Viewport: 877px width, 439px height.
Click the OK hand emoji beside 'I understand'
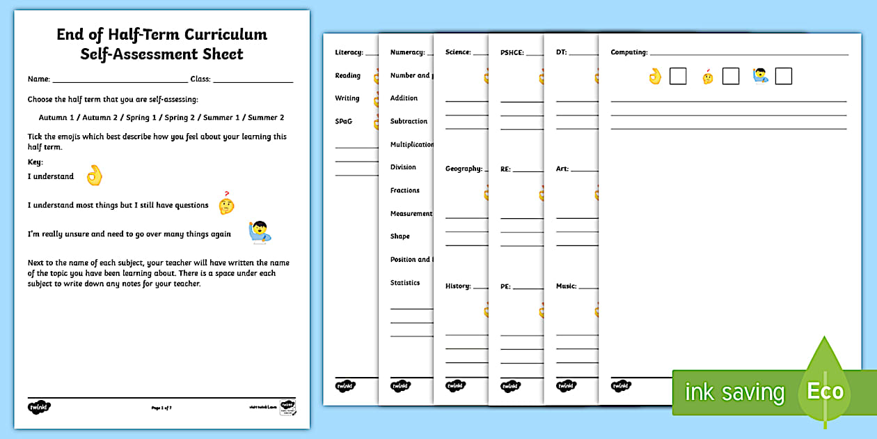[94, 176]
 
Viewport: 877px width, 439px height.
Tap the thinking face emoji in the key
[226, 204]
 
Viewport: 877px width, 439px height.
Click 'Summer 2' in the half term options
[266, 118]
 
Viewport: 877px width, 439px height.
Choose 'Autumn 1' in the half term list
[57, 118]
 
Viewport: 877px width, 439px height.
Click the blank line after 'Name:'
[120, 79]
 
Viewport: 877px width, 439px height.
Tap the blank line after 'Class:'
[253, 79]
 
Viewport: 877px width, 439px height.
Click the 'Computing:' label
[629, 52]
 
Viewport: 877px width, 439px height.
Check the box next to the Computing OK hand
[678, 76]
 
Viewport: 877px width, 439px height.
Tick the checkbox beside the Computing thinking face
[731, 76]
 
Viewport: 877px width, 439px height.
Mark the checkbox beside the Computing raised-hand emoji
[784, 76]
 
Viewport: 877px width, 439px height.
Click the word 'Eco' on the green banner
[825, 391]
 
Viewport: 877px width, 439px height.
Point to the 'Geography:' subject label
[464, 169]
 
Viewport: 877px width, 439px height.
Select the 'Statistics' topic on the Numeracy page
[405, 283]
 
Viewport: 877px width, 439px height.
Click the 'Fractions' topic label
[405, 190]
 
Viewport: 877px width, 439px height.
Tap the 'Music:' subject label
[567, 286]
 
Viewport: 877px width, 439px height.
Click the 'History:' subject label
[458, 286]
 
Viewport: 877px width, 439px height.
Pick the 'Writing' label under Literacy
[347, 98]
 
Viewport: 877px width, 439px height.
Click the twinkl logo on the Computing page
[621, 385]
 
